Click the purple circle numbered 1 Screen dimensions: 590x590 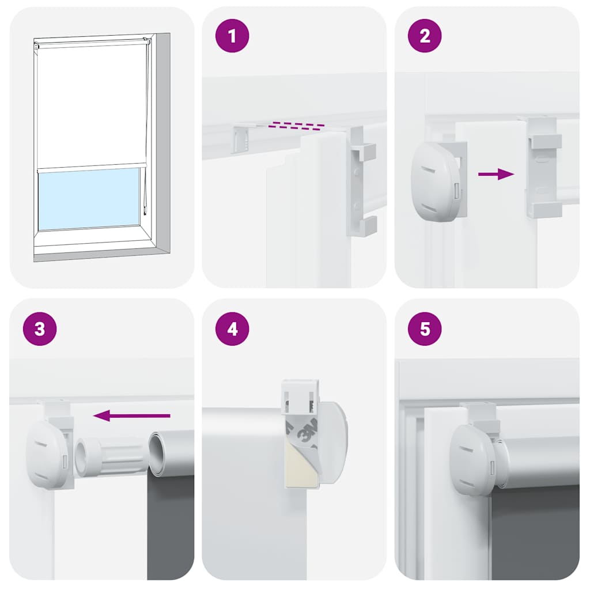tap(232, 36)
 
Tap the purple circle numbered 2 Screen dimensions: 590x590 tap(425, 36)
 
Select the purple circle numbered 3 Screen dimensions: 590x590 tap(40, 329)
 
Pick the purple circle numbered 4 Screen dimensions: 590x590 tap(232, 329)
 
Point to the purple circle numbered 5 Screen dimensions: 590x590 tap(425, 329)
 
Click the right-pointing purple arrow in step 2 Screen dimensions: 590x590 tap(496, 174)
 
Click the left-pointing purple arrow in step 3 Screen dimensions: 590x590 tap(132, 415)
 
